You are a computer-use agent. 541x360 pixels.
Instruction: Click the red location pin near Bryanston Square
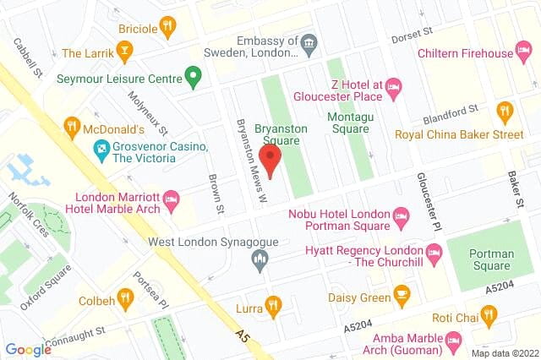tap(270, 159)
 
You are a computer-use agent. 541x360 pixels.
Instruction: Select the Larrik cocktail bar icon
tap(124, 54)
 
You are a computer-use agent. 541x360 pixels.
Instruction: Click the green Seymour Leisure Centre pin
tap(194, 79)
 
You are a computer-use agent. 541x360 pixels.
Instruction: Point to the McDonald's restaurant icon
tap(73, 129)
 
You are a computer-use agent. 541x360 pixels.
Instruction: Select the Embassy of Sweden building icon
tap(309, 41)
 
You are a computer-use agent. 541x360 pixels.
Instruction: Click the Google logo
tap(28, 348)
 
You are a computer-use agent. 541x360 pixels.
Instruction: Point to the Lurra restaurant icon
tap(272, 304)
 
